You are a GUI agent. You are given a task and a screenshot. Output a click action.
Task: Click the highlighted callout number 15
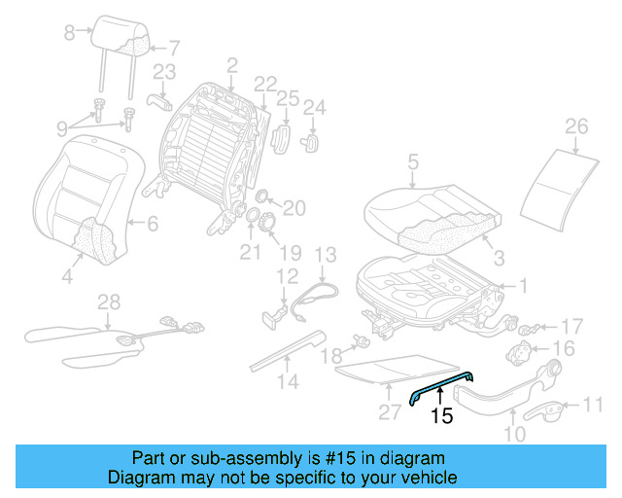click(441, 416)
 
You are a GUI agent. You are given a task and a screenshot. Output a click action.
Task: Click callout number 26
click(576, 127)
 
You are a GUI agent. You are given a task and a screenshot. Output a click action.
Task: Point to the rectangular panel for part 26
click(560, 185)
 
